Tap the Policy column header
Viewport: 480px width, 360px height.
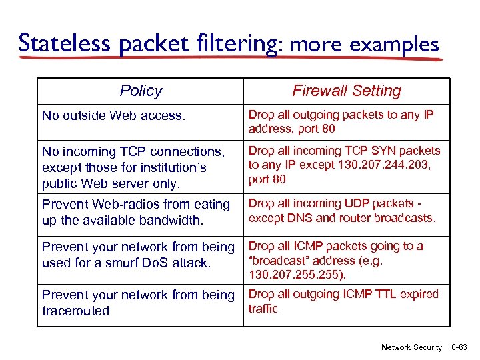141,91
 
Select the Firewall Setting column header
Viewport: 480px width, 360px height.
347,91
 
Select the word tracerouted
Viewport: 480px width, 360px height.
75,311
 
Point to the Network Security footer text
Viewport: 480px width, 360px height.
411,347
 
